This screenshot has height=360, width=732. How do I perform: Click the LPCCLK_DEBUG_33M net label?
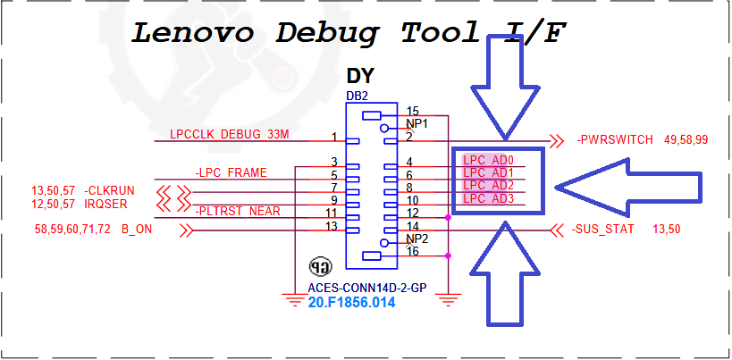pos(230,135)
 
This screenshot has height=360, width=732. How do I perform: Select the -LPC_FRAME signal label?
pos(231,172)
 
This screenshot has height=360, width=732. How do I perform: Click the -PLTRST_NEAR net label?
pos(237,211)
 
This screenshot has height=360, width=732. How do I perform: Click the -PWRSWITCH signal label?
pos(616,140)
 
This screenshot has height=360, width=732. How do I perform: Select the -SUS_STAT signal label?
pos(604,230)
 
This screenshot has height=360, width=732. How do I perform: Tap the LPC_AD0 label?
pos(488,160)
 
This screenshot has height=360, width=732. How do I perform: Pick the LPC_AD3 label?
pos(488,198)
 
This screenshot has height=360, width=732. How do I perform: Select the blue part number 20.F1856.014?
pos(351,303)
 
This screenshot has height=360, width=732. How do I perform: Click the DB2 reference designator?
pos(357,96)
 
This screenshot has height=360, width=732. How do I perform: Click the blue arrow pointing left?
pos(626,186)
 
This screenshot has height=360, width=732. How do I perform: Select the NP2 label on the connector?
pos(417,239)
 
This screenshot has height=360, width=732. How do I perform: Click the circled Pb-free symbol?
pos(319,266)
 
